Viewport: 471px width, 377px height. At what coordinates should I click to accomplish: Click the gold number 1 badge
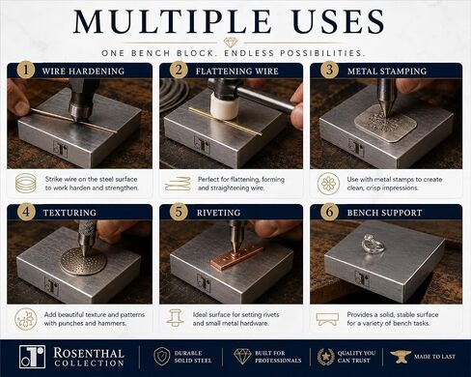point(26,70)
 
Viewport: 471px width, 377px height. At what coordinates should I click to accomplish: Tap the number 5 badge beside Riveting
point(179,212)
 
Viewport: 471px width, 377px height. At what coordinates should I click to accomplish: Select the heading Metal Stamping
point(387,72)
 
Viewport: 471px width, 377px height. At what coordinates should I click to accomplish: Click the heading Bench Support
point(384,213)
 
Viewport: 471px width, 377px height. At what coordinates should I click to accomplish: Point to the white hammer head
point(222,107)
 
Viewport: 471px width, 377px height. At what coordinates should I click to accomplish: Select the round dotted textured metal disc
point(83,261)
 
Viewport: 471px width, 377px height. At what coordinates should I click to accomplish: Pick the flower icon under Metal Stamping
point(328,184)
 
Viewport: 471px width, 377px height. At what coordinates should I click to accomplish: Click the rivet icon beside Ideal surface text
point(175,318)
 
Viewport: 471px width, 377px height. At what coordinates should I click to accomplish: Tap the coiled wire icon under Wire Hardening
point(26,183)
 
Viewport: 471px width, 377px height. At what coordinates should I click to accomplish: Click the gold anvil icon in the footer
point(400,357)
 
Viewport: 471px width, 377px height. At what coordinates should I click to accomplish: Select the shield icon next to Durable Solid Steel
point(162,357)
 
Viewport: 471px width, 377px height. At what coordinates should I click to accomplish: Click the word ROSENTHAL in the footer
point(89,353)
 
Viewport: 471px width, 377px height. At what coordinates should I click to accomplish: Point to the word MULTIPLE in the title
point(172,21)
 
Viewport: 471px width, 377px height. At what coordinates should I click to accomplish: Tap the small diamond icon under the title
point(231,43)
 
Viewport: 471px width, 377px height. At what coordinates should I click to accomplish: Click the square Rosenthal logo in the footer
point(32,357)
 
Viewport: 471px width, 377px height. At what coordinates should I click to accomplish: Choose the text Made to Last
point(434,357)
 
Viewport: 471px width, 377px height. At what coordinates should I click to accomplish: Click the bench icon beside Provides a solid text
point(327,319)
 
